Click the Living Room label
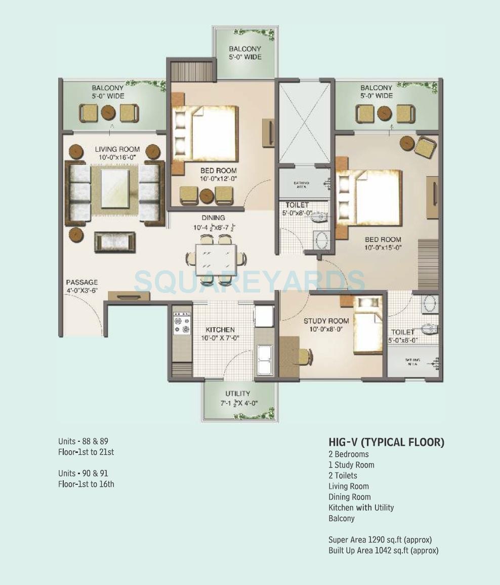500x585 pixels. (117, 149)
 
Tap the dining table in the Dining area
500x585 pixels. (216, 260)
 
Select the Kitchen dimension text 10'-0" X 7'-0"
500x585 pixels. (220, 338)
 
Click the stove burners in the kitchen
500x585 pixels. (182, 324)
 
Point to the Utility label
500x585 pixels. (237, 393)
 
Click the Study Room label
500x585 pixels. (326, 321)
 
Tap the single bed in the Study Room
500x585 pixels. (367, 332)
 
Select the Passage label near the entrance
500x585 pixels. (81, 282)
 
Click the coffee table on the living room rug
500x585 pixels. (115, 188)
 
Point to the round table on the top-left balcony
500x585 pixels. (108, 112)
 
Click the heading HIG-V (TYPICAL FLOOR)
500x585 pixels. (386, 442)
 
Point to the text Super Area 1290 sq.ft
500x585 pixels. (380, 539)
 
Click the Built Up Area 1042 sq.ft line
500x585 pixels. (383, 550)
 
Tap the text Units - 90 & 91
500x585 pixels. (83, 473)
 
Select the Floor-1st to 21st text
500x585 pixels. (86, 452)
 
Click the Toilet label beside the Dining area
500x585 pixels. (297, 205)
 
